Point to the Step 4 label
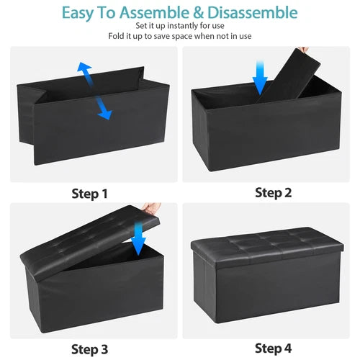(x=273, y=349)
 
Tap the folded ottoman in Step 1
(x=86, y=122)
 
